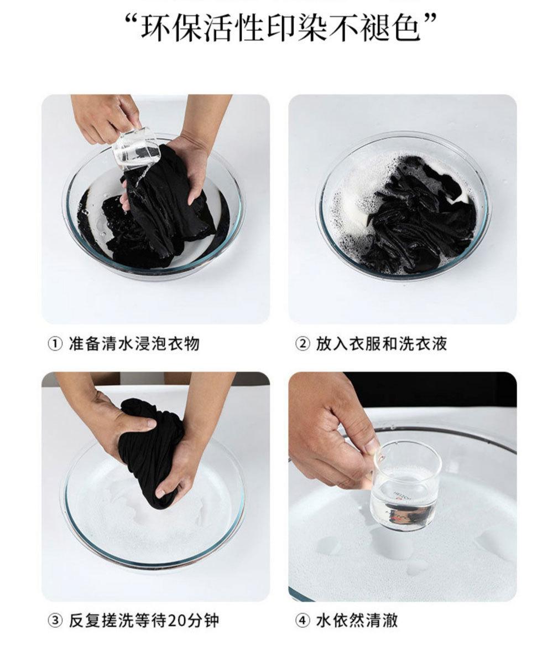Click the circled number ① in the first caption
pyautogui.click(x=55, y=344)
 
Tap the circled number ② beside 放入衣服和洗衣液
pyautogui.click(x=302, y=344)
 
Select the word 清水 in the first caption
pyautogui.click(x=118, y=344)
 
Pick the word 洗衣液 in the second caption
pyautogui.click(x=422, y=344)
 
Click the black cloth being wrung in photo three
pyautogui.click(x=150, y=452)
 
